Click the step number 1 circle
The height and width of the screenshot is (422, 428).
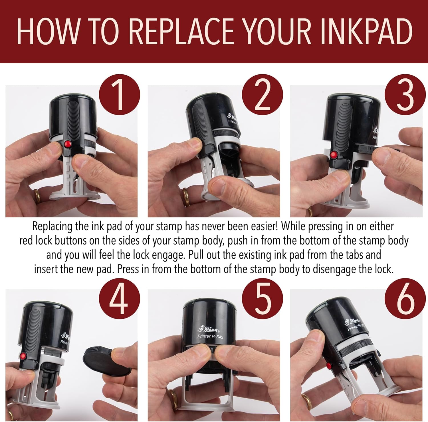click(120, 95)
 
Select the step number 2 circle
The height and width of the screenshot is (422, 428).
click(262, 95)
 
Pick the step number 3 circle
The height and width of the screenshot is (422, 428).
click(405, 95)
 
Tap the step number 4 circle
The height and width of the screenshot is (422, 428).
click(120, 299)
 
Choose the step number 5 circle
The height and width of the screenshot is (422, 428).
click(262, 299)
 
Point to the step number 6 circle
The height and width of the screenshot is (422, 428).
click(405, 299)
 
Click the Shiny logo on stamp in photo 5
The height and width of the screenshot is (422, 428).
click(209, 329)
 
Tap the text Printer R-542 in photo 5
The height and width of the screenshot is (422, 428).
click(211, 337)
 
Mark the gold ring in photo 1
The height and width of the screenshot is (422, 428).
click(37, 196)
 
